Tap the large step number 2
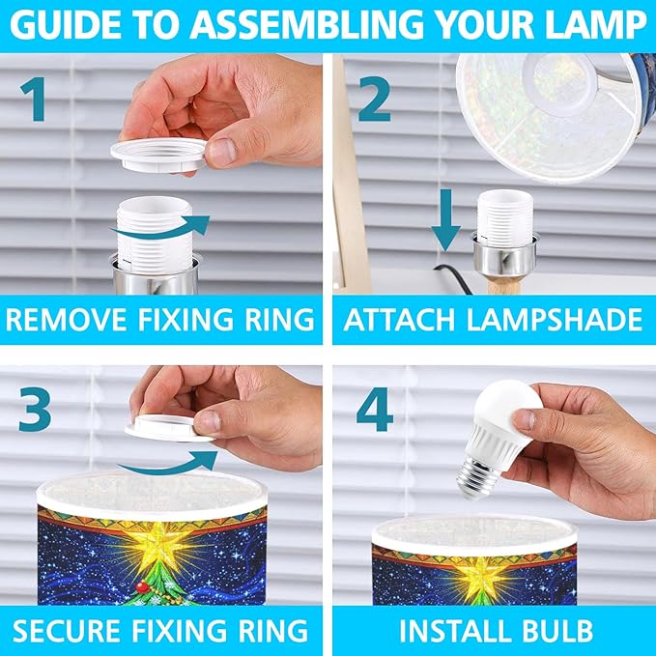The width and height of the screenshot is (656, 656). click(375, 100)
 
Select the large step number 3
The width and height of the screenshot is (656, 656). click(35, 410)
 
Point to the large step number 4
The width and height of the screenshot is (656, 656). click(375, 410)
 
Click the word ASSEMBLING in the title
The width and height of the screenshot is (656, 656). click(306, 25)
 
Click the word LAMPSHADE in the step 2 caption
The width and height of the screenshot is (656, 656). click(554, 320)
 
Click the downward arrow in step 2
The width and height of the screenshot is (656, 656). click(446, 220)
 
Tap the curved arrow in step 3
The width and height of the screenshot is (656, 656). click(168, 463)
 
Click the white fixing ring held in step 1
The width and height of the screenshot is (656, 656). click(158, 155)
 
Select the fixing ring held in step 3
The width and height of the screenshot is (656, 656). click(168, 428)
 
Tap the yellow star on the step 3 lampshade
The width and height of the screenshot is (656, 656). click(159, 543)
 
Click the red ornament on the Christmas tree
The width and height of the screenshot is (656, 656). click(143, 588)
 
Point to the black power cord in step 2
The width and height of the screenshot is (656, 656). click(453, 278)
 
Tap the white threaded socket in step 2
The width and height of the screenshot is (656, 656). click(505, 215)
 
